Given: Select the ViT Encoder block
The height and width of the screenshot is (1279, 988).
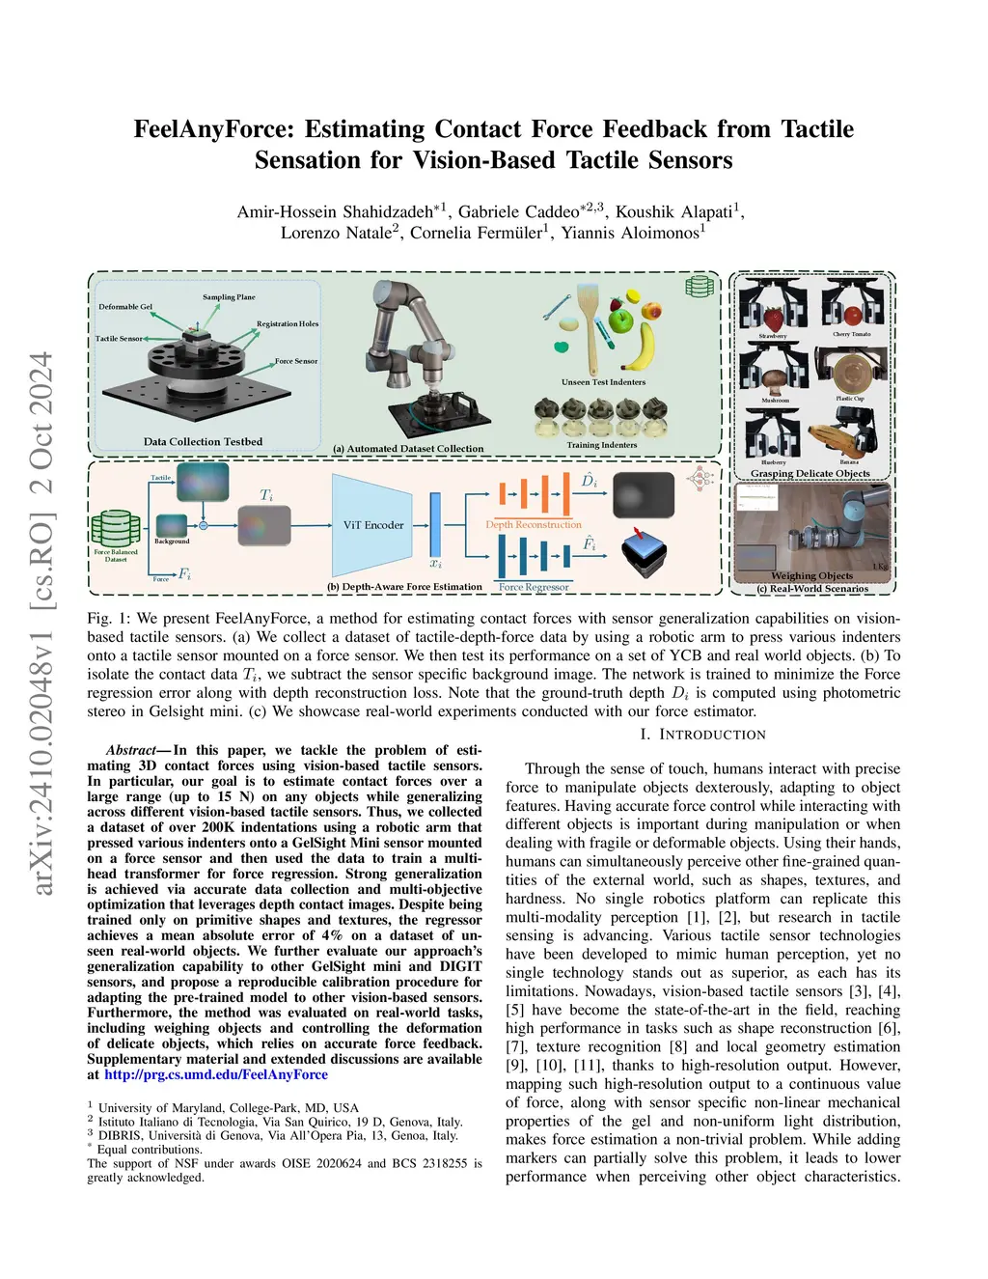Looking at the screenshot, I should point(373,524).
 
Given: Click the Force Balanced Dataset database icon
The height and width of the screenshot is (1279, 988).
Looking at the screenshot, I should point(115,529).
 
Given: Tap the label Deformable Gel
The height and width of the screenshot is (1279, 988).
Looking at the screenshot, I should point(125,307).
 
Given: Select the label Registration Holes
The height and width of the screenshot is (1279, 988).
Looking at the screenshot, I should point(287,324).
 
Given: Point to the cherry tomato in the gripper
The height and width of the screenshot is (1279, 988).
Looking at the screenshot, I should point(852,315).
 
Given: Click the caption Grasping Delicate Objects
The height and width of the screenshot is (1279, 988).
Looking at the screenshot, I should point(810,473).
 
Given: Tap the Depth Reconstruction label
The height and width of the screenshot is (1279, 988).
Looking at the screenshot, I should point(534,525).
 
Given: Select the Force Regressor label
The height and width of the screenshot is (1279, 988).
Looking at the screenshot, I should point(534,587).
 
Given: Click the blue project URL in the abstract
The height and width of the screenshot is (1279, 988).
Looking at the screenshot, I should point(216,1074).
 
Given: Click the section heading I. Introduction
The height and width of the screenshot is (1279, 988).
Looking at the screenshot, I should point(702,735).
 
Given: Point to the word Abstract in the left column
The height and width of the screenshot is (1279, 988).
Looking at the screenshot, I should point(130,750).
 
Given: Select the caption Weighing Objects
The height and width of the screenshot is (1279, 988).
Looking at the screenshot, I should point(811,575).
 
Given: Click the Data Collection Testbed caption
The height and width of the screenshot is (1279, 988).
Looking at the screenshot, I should point(203,441).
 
